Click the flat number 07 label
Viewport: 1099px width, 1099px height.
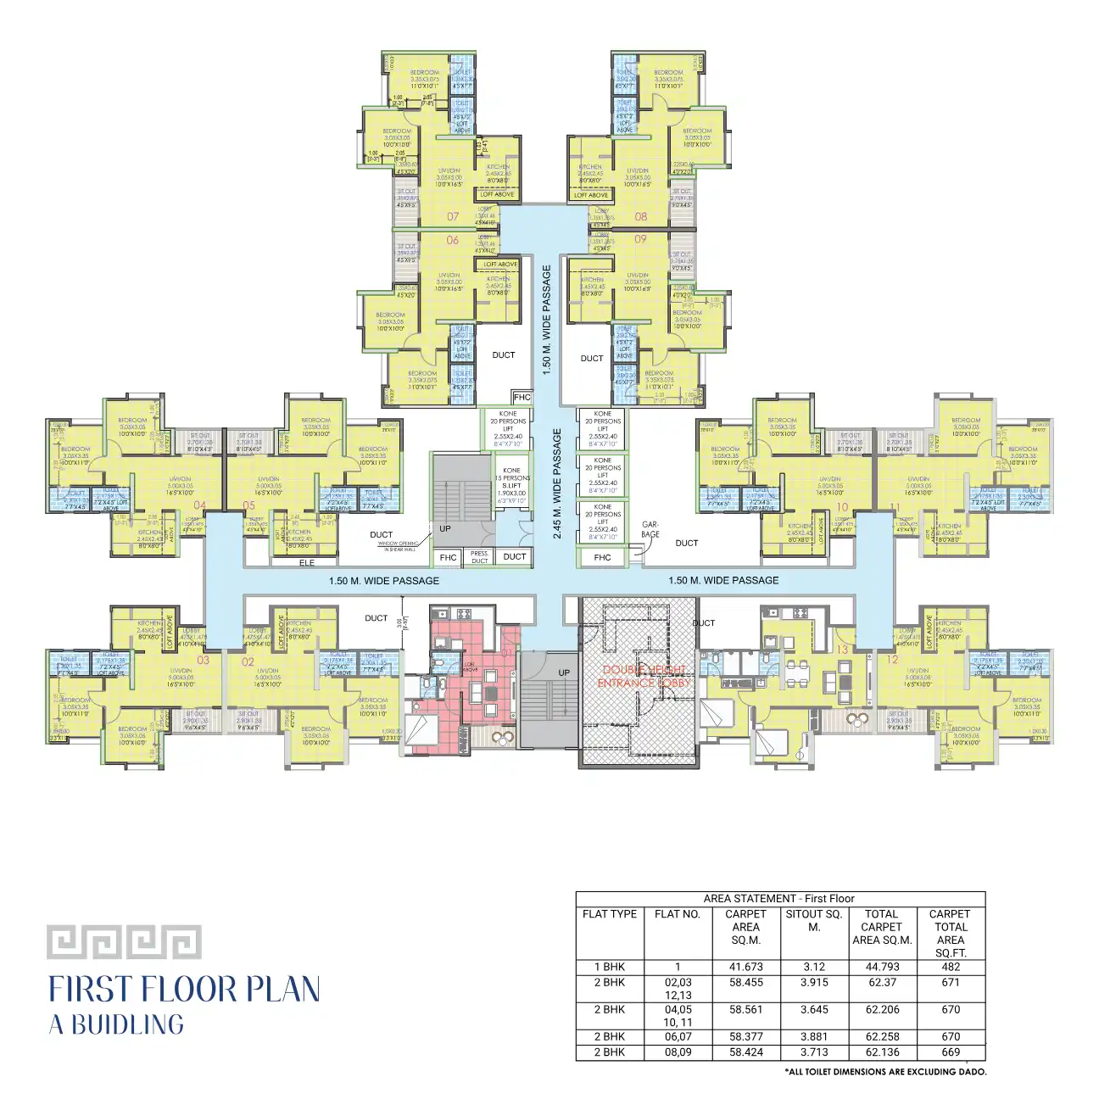(x=453, y=217)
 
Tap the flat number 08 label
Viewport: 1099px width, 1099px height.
(x=641, y=217)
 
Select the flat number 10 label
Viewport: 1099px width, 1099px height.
(x=842, y=507)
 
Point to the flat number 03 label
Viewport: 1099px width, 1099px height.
(x=203, y=660)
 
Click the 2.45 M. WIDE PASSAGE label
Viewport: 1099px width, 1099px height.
(x=557, y=483)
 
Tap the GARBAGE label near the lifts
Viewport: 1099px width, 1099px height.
(x=650, y=529)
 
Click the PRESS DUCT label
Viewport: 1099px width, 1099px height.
(x=479, y=557)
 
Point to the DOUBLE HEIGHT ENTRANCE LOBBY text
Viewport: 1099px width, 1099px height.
(x=644, y=676)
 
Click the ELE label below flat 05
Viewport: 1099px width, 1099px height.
(x=307, y=563)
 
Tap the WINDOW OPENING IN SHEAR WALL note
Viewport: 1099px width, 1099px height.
(x=399, y=546)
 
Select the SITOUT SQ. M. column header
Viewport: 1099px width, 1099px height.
(x=814, y=920)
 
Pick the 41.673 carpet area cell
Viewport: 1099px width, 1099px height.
(x=745, y=967)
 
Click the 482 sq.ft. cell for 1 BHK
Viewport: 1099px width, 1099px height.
(x=951, y=967)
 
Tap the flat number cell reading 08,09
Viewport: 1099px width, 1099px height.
(x=678, y=1052)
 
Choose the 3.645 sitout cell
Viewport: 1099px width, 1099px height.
(x=814, y=1009)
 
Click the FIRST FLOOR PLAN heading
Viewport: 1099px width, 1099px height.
(x=184, y=990)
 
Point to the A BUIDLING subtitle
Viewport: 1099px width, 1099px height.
(x=116, y=1024)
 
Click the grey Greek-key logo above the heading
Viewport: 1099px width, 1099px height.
(x=124, y=942)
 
